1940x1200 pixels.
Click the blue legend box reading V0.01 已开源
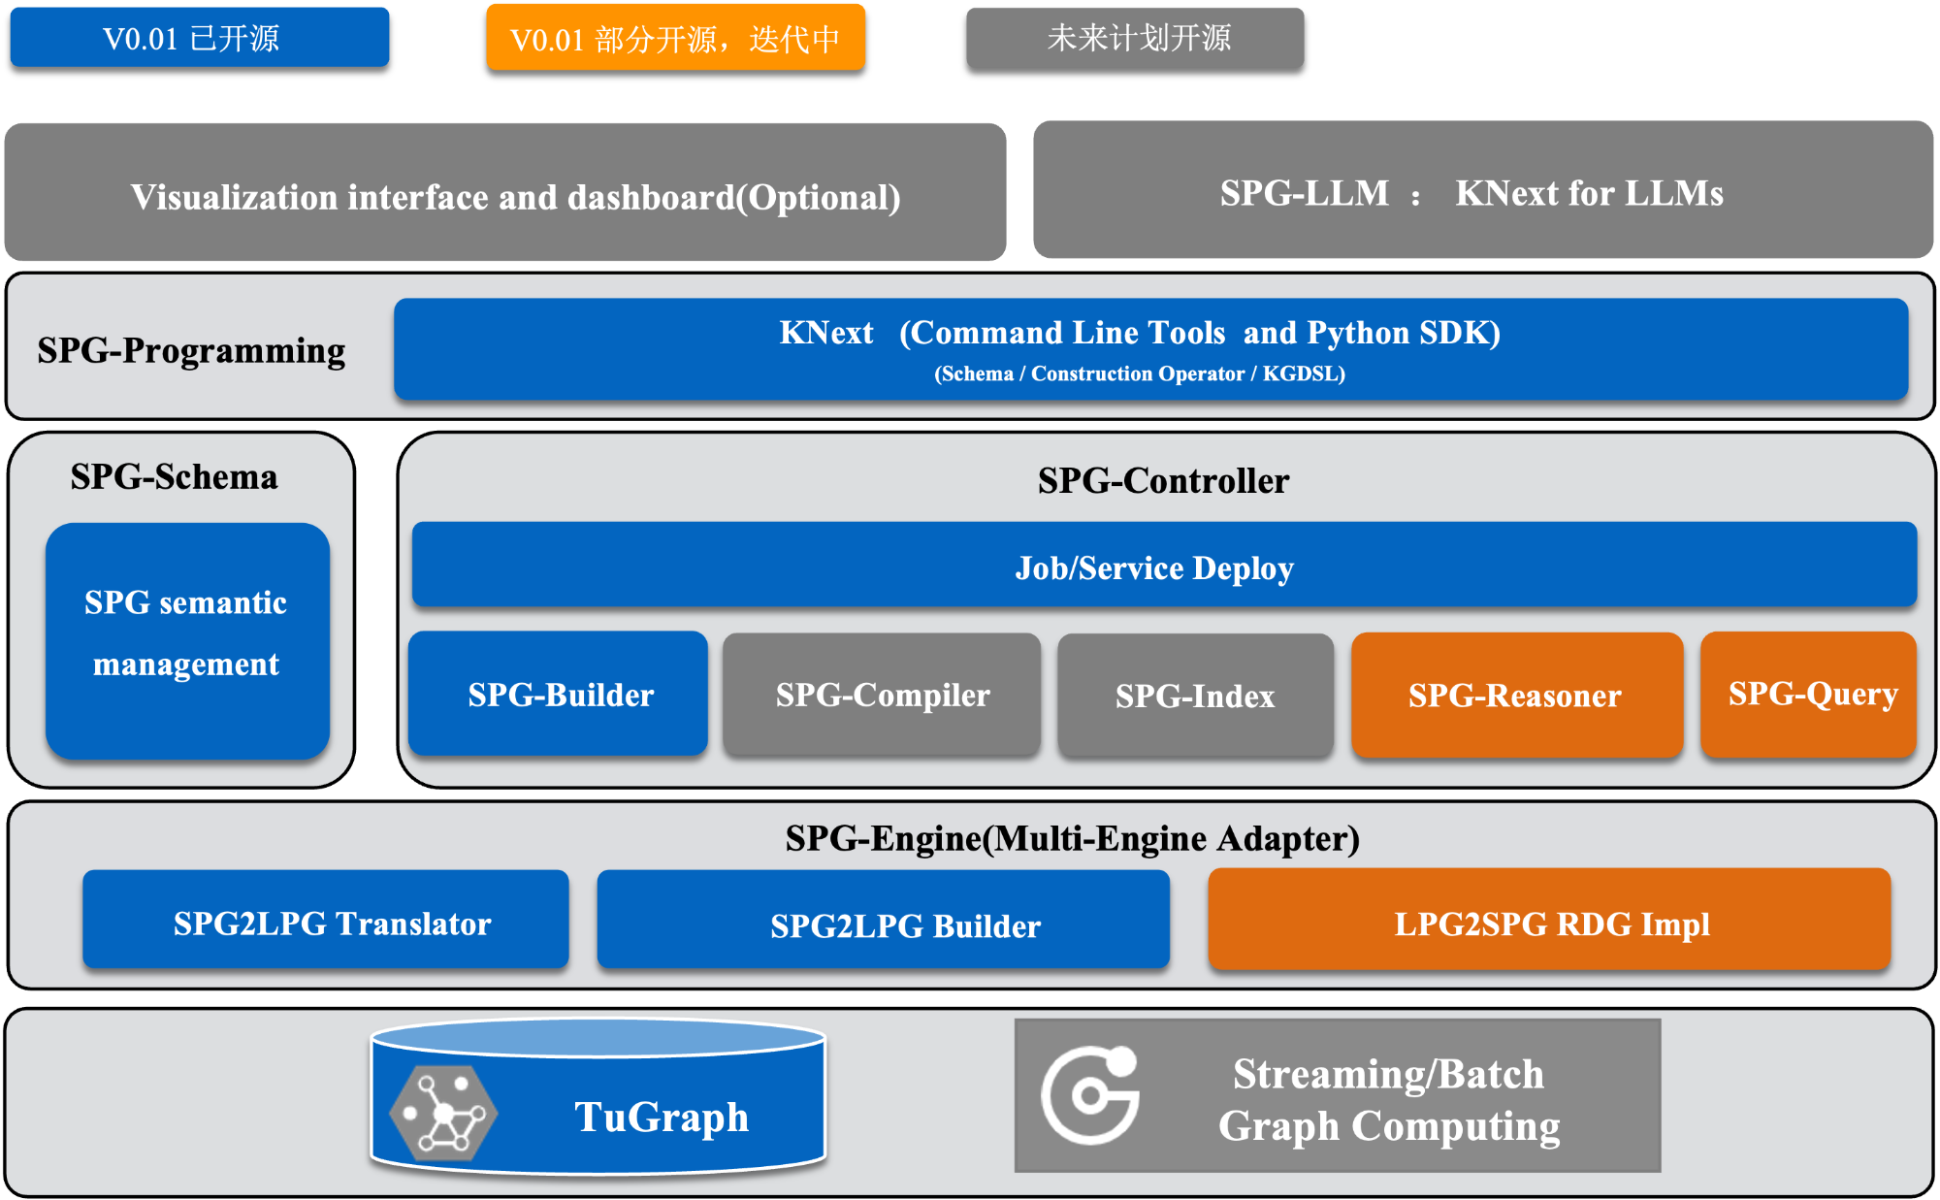(199, 38)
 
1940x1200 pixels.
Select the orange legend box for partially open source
(675, 38)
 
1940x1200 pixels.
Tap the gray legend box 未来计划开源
(1135, 38)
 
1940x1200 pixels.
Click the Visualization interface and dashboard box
(505, 193)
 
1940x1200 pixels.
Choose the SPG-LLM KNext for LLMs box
(1482, 191)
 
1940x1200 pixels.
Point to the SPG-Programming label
(191, 350)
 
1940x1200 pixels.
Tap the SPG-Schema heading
(175, 477)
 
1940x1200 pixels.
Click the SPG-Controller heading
(1163, 481)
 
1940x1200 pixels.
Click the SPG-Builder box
(559, 695)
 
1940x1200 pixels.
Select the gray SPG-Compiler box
(882, 695)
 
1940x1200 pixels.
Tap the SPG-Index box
(1195, 696)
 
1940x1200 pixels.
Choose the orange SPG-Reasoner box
(1516, 696)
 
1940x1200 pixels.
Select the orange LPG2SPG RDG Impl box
(1549, 921)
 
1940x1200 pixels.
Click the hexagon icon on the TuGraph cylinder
(444, 1114)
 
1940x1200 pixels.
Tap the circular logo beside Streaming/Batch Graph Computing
(1091, 1094)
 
